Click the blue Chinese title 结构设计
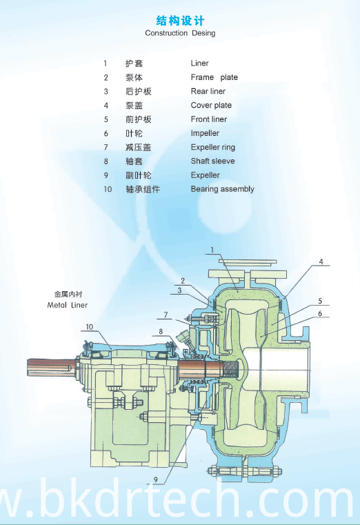180,21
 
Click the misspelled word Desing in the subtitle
203,33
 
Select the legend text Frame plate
214,77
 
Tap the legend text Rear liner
208,91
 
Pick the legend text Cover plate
211,105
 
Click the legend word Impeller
205,133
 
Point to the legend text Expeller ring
213,148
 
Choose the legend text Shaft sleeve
212,161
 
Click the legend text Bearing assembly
223,189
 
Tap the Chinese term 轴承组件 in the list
143,189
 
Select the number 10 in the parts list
108,189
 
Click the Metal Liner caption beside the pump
68,305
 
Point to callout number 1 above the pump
212,250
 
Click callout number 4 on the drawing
321,261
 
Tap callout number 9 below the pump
156,479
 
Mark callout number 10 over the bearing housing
90,327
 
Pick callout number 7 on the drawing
166,315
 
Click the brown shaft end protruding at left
51,367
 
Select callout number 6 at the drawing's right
320,313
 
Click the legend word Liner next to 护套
199,63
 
